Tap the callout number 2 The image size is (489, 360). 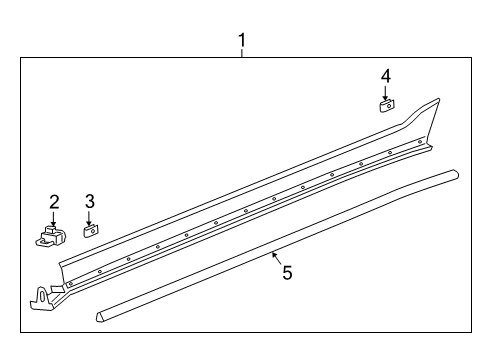pos(54,202)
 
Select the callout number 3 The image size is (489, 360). pos(89,202)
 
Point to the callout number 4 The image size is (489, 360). pos(385,75)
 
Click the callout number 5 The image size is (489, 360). pos(287,272)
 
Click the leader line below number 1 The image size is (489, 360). pos(241,55)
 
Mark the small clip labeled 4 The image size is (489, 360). pos(386,103)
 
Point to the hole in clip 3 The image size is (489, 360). pos(90,230)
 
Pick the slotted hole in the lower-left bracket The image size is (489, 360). pos(42,295)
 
